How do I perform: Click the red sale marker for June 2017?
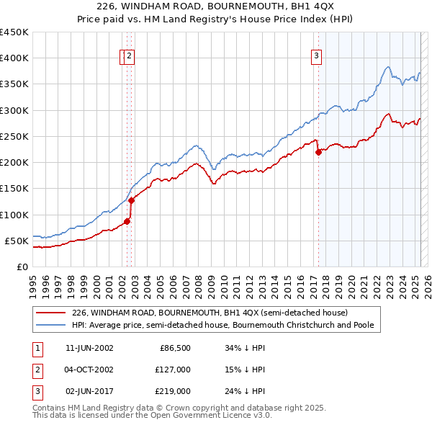(x=318, y=152)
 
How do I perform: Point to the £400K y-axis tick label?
(x=14, y=58)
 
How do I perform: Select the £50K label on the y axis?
(x=16, y=241)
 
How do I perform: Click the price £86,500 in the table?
(x=175, y=348)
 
